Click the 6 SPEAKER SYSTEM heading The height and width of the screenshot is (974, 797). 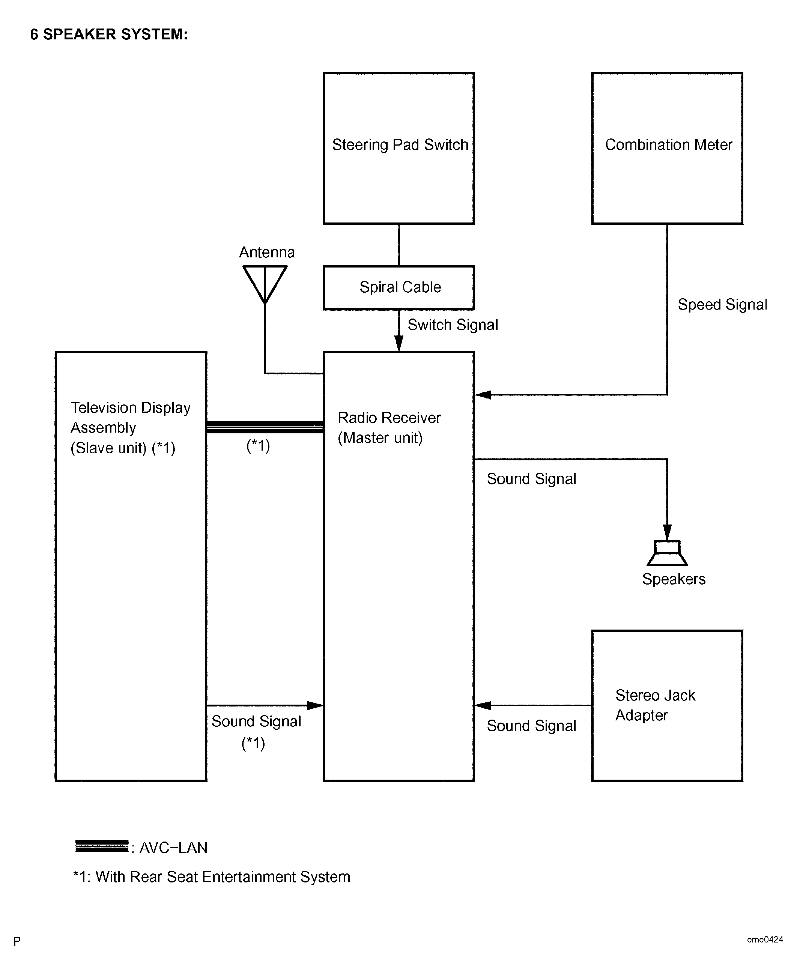click(109, 35)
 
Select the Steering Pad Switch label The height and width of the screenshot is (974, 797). click(400, 144)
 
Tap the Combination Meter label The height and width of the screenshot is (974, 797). click(668, 144)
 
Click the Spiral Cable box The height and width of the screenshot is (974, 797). click(398, 288)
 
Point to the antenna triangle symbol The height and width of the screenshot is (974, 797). click(265, 284)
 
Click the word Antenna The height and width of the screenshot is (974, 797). click(267, 252)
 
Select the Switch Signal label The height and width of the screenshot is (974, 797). click(453, 325)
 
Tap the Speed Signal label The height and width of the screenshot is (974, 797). click(722, 305)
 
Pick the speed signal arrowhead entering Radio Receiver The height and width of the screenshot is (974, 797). click(483, 395)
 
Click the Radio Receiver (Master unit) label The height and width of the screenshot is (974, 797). click(389, 428)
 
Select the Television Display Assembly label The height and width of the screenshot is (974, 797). click(130, 428)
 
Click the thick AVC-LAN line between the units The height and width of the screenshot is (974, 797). click(265, 427)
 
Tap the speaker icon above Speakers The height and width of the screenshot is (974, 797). click(667, 553)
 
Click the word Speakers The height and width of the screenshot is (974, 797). click(674, 579)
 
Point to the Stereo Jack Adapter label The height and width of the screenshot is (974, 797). click(655, 705)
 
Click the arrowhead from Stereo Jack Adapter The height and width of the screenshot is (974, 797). click(483, 705)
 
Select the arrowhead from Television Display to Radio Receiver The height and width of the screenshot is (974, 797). click(315, 705)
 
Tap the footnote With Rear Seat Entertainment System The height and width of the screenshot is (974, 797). click(223, 877)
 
